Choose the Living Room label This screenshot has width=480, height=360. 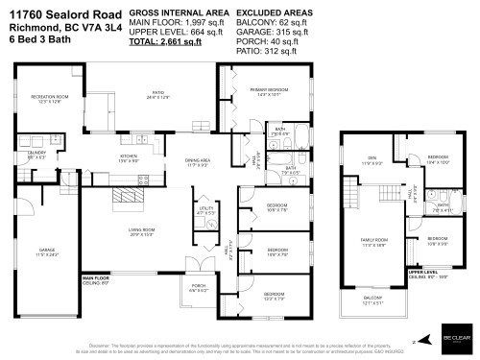142,231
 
